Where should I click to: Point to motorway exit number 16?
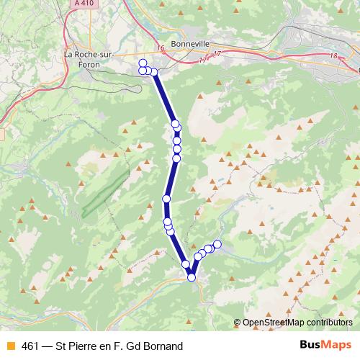tap(159, 48)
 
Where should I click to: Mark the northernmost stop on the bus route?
tap(143, 63)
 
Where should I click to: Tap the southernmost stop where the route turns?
tap(192, 277)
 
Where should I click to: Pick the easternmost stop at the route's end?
tap(217, 244)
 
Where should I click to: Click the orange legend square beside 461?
tap(10, 346)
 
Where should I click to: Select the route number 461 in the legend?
tap(30, 346)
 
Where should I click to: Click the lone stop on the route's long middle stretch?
tap(166, 199)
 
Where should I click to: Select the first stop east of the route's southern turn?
tap(198, 257)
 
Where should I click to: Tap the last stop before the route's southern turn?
tap(186, 264)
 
